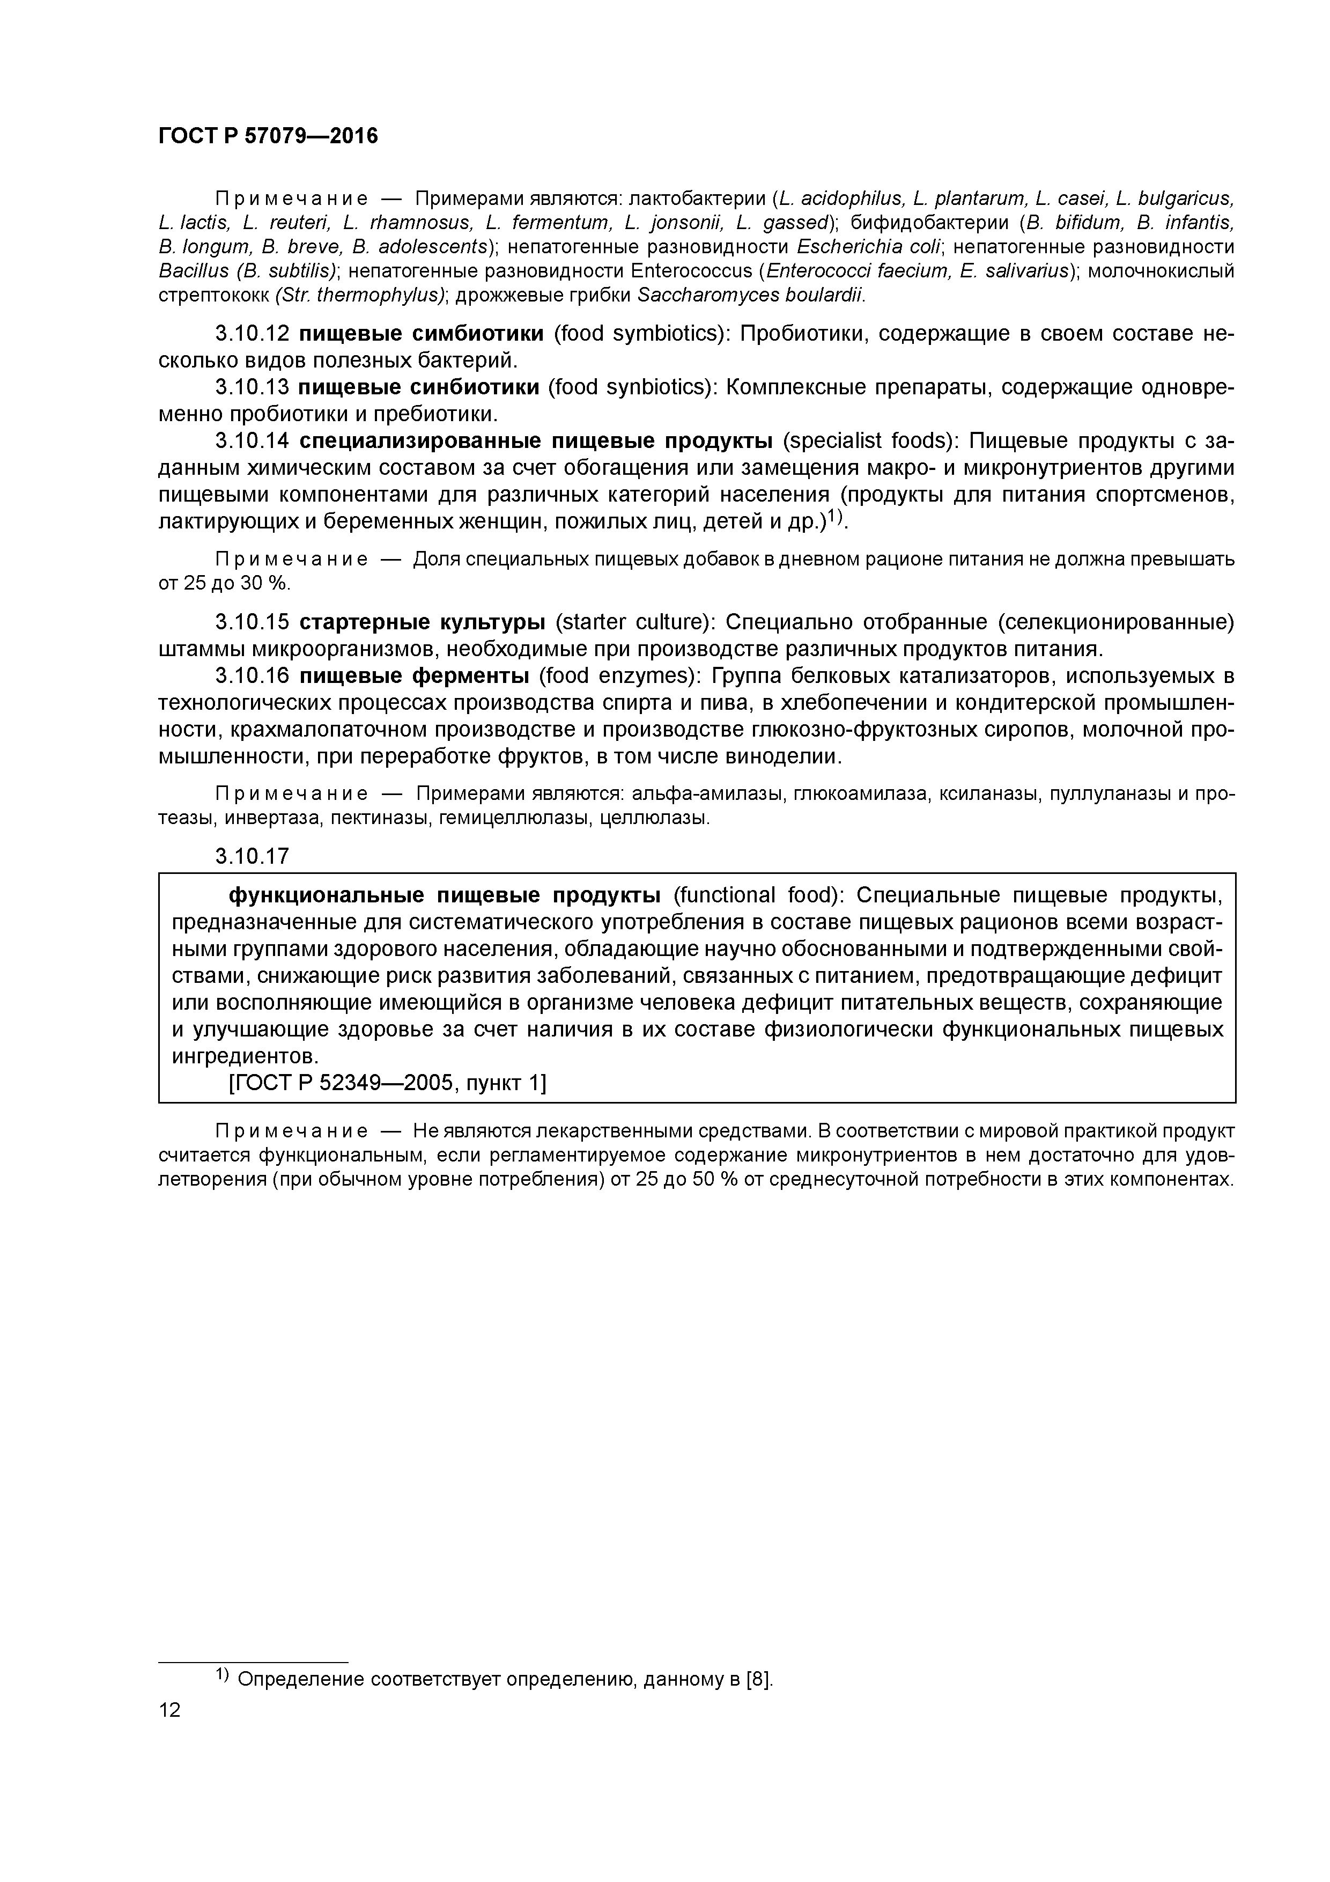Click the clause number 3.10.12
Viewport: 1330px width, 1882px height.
click(x=253, y=334)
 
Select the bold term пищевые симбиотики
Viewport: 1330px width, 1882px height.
click(x=421, y=334)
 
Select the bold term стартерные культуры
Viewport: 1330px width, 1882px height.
click(x=423, y=622)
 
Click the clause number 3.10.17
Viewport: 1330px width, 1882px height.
click(x=253, y=857)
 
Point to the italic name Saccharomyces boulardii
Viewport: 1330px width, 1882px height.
click(x=751, y=295)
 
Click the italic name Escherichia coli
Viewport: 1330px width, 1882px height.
click(x=870, y=247)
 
